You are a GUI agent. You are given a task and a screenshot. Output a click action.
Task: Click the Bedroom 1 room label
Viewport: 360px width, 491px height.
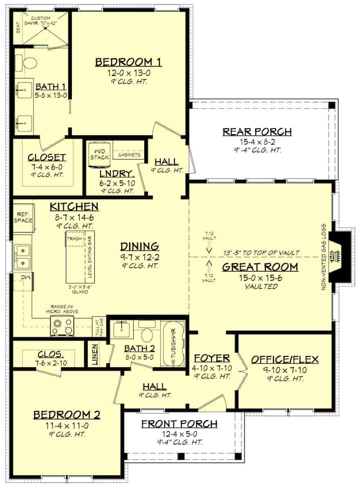pos(128,62)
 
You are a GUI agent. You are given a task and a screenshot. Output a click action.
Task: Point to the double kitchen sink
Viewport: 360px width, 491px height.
pos(22,257)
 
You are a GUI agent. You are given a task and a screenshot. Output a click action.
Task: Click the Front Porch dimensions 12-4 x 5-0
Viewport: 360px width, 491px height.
pos(179,434)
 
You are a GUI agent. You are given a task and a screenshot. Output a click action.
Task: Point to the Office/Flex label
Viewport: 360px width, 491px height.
pos(284,360)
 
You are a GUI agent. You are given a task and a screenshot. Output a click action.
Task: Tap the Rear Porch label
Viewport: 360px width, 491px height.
pos(257,132)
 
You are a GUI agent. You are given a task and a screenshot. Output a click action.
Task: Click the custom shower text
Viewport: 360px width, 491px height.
pos(41,21)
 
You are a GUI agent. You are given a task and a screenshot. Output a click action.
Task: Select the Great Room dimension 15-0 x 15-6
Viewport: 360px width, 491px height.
pos(260,278)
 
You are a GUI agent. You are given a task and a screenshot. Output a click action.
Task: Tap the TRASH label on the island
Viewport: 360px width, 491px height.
pos(74,238)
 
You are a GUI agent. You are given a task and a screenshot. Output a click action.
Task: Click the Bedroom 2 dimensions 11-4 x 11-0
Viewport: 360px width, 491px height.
pos(66,425)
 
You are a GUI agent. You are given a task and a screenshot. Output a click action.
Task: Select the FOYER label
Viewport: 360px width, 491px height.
pos(212,358)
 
